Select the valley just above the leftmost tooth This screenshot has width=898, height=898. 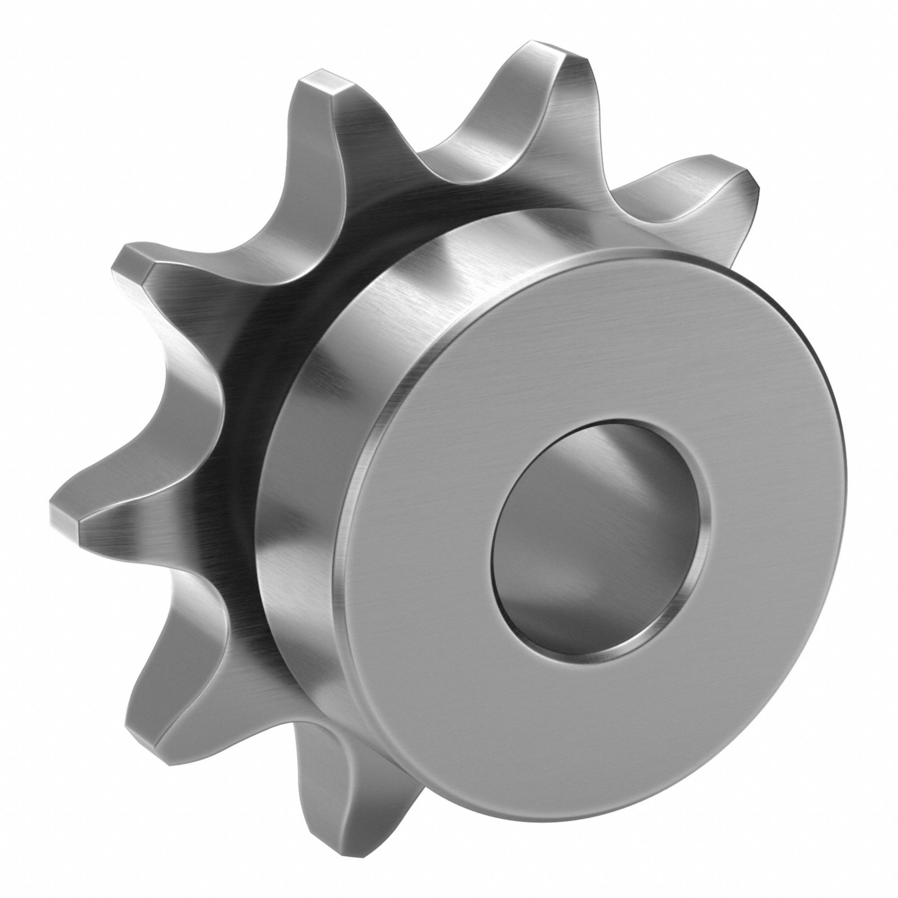[x=200, y=386]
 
